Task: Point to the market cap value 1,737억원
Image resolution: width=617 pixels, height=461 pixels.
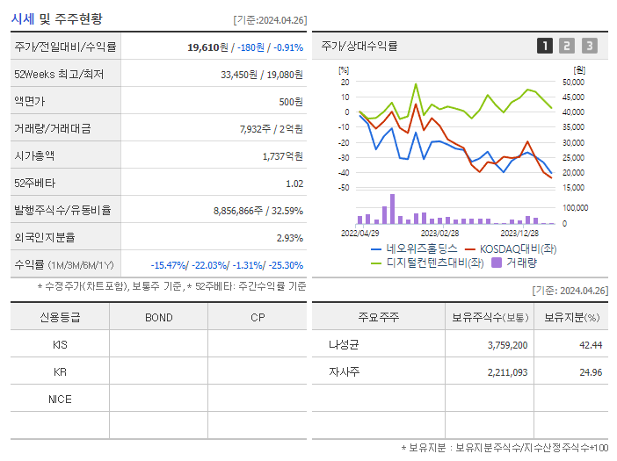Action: point(282,156)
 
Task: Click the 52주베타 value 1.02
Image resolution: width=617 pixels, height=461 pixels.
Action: point(294,184)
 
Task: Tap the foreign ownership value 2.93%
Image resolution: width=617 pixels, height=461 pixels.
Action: point(289,238)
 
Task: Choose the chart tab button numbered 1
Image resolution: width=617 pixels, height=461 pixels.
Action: point(545,46)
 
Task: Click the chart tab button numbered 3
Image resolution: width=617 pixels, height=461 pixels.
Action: point(589,46)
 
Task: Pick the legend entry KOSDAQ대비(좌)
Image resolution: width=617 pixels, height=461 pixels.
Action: point(515,249)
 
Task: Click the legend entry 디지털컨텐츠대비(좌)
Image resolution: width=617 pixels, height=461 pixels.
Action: point(435,262)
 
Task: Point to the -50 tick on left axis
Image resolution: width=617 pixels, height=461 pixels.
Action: point(344,188)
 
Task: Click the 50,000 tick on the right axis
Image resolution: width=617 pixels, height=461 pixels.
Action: point(572,82)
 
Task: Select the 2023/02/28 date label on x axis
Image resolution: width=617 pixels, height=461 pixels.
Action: point(439,234)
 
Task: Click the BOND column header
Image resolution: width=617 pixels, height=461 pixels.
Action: point(158,317)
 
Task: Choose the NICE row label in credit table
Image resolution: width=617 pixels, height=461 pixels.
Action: point(60,400)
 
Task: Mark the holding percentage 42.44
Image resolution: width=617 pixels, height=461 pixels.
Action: point(590,345)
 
